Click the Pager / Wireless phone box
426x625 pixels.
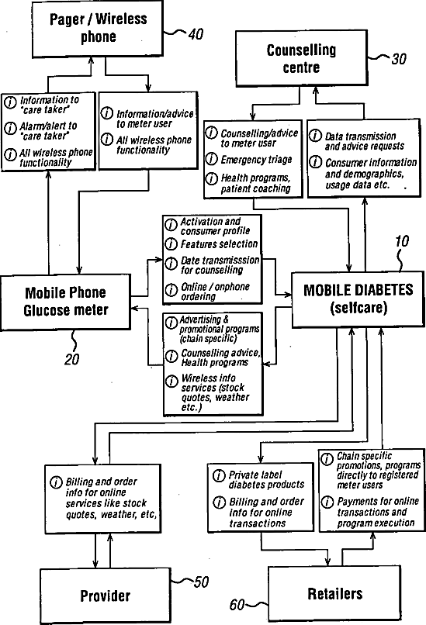(x=97, y=29)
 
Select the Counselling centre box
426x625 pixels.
(x=301, y=58)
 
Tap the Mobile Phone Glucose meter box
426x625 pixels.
(x=65, y=302)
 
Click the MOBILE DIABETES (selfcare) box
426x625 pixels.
(x=358, y=299)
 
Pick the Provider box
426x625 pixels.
(x=106, y=596)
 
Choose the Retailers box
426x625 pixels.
(x=334, y=594)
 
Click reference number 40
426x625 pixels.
(x=196, y=34)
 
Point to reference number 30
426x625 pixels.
(x=399, y=59)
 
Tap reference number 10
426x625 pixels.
(x=402, y=241)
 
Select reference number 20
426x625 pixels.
(x=72, y=360)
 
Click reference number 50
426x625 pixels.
(x=202, y=582)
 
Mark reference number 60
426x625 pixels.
(x=237, y=605)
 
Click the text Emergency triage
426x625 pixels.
(x=257, y=160)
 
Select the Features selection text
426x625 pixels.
(x=219, y=243)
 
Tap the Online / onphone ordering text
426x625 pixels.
(x=215, y=292)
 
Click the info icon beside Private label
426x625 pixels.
(x=219, y=475)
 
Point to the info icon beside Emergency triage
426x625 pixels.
(x=211, y=159)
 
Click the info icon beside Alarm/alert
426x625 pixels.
(x=10, y=128)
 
